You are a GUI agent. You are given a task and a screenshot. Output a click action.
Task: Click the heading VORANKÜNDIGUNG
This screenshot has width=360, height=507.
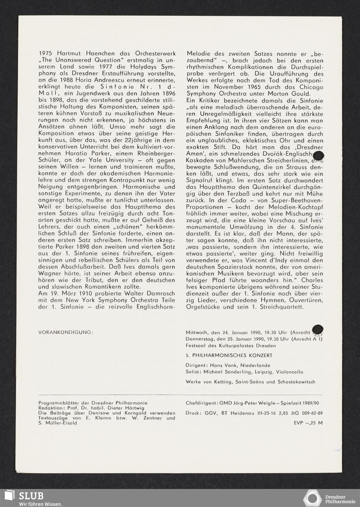click(66, 332)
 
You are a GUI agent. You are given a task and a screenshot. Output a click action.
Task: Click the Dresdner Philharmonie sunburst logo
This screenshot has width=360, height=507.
click(312, 498)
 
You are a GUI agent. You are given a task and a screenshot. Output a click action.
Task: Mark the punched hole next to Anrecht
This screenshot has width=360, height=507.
click(318, 329)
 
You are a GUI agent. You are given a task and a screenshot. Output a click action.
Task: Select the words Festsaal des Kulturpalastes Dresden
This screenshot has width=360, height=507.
click(231, 346)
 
